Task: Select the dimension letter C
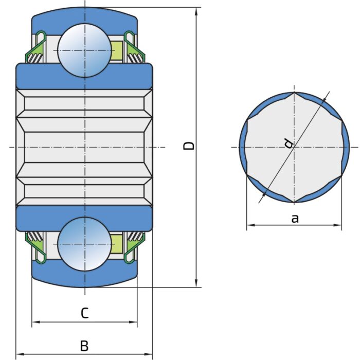pos(85,312)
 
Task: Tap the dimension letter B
pos(84,346)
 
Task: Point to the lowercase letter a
pos(295,218)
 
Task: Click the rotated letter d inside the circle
pos(289,143)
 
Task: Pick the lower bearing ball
pos(85,244)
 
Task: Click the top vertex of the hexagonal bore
pos(294,93)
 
